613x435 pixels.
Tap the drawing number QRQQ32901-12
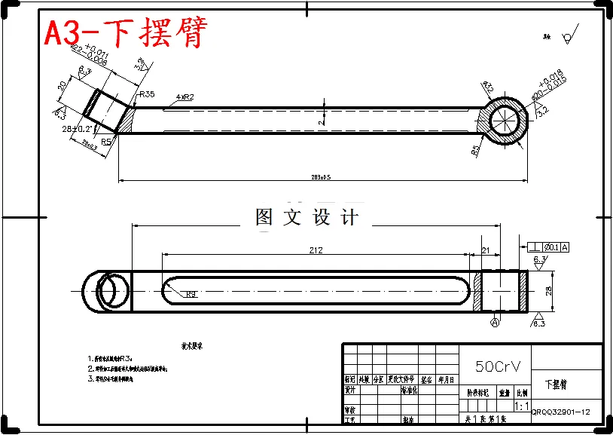560,412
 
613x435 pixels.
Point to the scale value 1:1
520,406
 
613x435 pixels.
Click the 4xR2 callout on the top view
185,97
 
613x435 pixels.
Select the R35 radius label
147,94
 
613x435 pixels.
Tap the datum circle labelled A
495,323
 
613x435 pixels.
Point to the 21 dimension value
486,250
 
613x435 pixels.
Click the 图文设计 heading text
306,218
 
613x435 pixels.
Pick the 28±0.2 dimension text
80,130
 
